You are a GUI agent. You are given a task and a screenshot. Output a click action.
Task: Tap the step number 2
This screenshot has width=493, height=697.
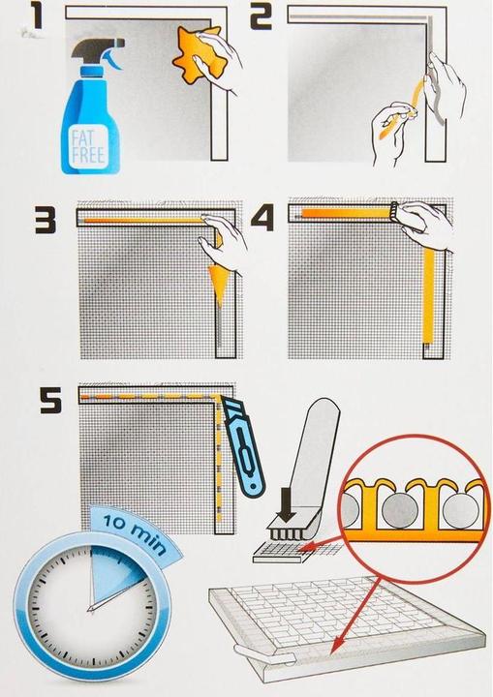[x=261, y=17]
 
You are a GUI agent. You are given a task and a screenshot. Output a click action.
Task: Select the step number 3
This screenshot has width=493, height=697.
[x=46, y=219]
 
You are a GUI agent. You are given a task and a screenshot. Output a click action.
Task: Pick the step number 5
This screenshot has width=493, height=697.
[x=50, y=399]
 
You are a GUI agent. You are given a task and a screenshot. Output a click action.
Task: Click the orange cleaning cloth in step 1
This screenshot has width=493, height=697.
[x=198, y=54]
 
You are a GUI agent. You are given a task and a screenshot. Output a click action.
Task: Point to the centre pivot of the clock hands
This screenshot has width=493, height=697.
[x=92, y=609]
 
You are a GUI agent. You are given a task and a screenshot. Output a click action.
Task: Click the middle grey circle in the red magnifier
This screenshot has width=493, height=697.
[x=400, y=509]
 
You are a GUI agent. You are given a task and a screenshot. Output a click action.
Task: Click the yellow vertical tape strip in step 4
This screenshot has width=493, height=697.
[x=428, y=296]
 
